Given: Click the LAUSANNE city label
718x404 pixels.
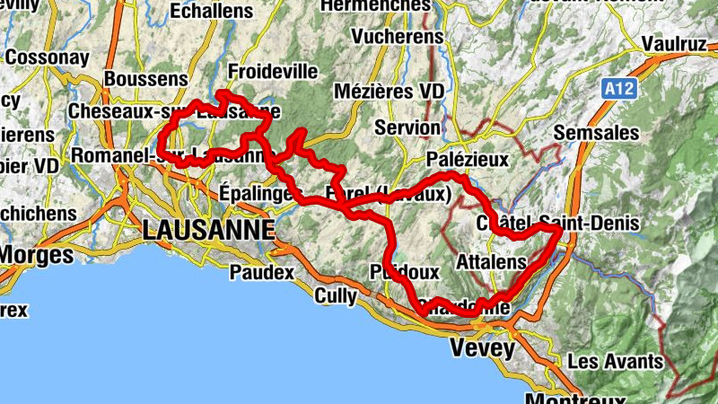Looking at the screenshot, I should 208,230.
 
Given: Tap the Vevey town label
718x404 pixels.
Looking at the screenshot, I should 484,348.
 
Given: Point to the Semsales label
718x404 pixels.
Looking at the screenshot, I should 596,133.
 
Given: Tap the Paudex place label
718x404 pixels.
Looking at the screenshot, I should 262,270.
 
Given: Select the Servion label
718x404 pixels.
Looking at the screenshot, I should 407,127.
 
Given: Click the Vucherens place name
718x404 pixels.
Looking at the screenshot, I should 398,37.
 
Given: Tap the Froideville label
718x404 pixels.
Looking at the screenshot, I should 261,70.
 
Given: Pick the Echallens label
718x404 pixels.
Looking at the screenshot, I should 212,12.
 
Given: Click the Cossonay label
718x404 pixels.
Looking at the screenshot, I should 47,57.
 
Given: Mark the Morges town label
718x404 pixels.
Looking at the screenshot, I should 36,255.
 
